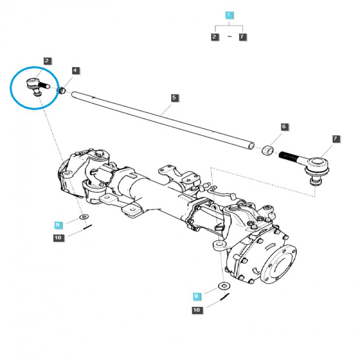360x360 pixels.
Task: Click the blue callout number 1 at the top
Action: (x=229, y=16)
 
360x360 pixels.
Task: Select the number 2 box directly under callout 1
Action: (x=215, y=37)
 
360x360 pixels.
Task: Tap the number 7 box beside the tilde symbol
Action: (x=243, y=37)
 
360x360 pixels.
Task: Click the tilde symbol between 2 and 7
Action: (x=229, y=37)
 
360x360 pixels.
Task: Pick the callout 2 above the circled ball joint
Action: (x=47, y=61)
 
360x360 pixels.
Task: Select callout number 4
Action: (x=75, y=71)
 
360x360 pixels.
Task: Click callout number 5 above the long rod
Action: (x=174, y=98)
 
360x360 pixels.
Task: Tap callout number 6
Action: (x=283, y=127)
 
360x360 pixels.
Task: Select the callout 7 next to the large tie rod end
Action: (x=336, y=139)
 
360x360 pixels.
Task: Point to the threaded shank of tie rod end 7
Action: (x=290, y=156)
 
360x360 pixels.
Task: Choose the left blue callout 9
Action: (x=57, y=224)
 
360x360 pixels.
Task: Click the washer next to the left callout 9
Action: (x=83, y=217)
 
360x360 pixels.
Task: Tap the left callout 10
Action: (x=58, y=238)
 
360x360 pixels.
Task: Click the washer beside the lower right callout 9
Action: (x=223, y=286)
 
